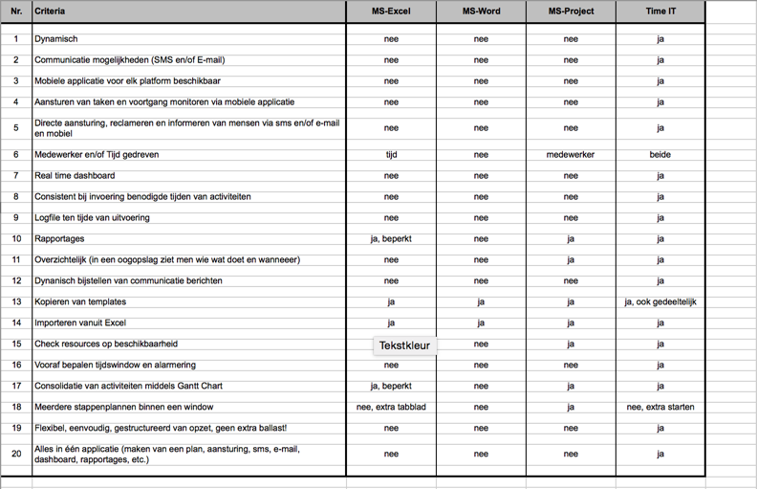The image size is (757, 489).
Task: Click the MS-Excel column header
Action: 391,11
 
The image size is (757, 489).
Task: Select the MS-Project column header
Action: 570,11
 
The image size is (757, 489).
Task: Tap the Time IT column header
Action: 660,11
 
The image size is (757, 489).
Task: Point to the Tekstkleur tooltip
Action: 404,345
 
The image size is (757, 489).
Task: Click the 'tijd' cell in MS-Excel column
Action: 391,154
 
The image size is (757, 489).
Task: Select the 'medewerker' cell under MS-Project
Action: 571,154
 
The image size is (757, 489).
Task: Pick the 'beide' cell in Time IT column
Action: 660,154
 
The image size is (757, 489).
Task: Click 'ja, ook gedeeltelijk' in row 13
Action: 660,301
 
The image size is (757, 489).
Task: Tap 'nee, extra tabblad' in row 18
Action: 391,407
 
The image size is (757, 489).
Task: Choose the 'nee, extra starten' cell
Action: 660,407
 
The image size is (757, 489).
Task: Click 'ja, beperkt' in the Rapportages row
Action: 391,238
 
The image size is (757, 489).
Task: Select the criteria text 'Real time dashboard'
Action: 75,175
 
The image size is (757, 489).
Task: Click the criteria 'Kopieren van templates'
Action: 81,301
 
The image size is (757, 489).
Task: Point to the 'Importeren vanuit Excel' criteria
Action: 80,322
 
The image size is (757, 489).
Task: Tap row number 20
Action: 16,453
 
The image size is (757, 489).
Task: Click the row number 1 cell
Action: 16,39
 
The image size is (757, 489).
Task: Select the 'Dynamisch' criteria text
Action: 56,39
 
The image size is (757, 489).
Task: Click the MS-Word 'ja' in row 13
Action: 481,301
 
